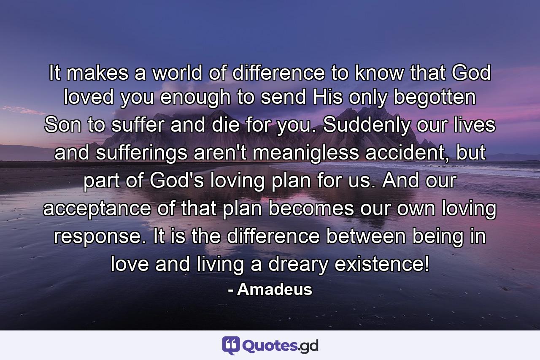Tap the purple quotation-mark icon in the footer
pyautogui.click(x=231, y=346)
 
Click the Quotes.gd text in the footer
pyautogui.click(x=281, y=346)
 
